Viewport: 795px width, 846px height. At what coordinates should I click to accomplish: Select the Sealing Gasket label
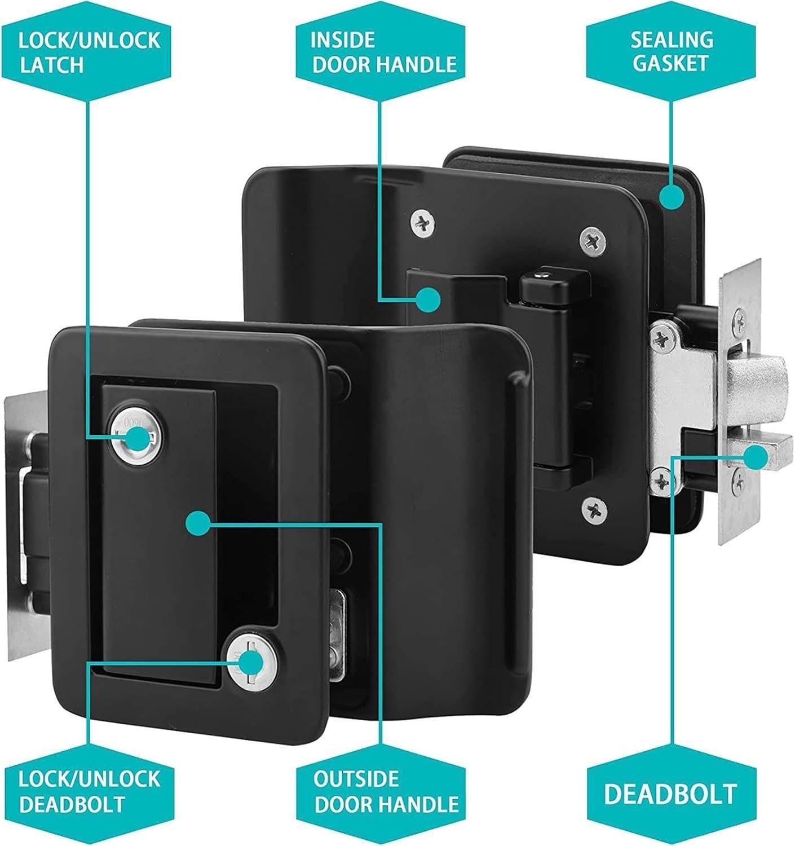coord(671,52)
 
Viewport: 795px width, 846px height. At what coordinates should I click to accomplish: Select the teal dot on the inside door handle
coord(428,299)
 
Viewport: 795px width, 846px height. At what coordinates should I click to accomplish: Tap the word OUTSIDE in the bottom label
coord(356,779)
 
